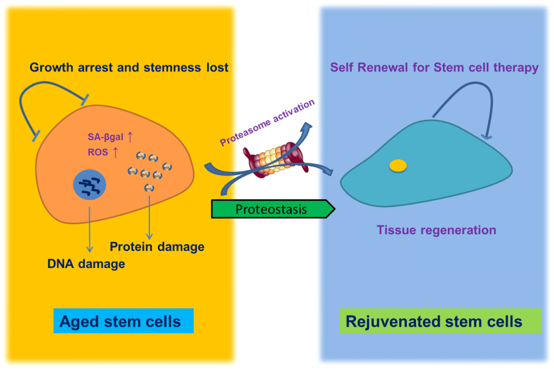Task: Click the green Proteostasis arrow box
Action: point(271,209)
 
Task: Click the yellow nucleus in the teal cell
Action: point(398,166)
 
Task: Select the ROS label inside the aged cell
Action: point(98,153)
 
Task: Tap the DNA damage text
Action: point(86,264)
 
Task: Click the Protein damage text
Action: point(157,247)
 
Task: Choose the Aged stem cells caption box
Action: point(123,321)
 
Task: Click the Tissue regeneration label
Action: point(436,230)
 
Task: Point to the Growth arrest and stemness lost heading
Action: point(129,67)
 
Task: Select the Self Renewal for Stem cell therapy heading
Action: point(435,67)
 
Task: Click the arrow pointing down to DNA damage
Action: point(89,229)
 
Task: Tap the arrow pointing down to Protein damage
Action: point(149,216)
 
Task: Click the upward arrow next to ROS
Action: point(116,152)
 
